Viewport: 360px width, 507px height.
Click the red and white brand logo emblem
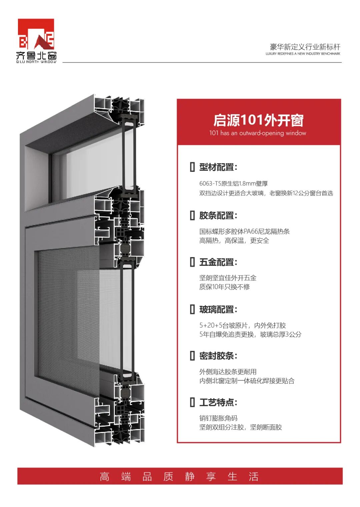tap(36, 34)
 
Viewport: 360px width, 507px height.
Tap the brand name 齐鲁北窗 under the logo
tap(36, 56)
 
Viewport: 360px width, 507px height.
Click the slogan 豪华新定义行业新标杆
tap(305, 47)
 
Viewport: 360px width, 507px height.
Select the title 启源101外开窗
tap(258, 120)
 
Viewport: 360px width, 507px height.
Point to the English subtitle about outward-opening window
tap(258, 133)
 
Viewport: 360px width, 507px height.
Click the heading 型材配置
tap(218, 167)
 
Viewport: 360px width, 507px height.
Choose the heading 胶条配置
tap(218, 216)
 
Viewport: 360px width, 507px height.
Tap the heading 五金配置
tap(218, 262)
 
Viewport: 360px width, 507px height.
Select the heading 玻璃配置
tap(218, 309)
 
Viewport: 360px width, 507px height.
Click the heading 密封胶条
tap(218, 356)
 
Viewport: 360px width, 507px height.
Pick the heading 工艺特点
tap(218, 402)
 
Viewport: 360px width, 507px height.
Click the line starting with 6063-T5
tap(233, 184)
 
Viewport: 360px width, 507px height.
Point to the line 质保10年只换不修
tap(224, 287)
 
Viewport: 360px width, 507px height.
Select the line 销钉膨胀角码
tap(218, 418)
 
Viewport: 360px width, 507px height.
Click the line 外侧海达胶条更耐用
tap(228, 371)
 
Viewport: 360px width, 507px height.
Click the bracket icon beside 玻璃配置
tap(192, 309)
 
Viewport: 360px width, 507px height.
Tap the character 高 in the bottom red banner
tap(104, 477)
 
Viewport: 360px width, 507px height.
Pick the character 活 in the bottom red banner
tap(253, 477)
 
